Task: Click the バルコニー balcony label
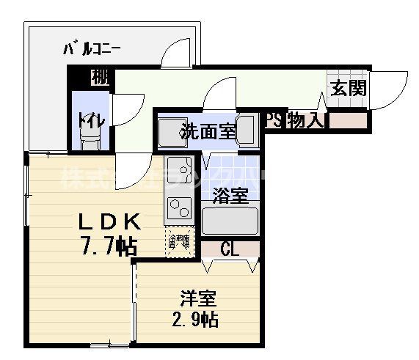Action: [92, 49]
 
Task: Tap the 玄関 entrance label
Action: [349, 88]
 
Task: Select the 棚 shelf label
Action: [101, 76]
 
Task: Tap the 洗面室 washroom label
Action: [208, 133]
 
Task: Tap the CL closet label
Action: [230, 249]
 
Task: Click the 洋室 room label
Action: [199, 299]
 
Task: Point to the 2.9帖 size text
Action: [194, 320]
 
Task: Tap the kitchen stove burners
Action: [179, 210]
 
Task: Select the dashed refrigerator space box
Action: [180, 243]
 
